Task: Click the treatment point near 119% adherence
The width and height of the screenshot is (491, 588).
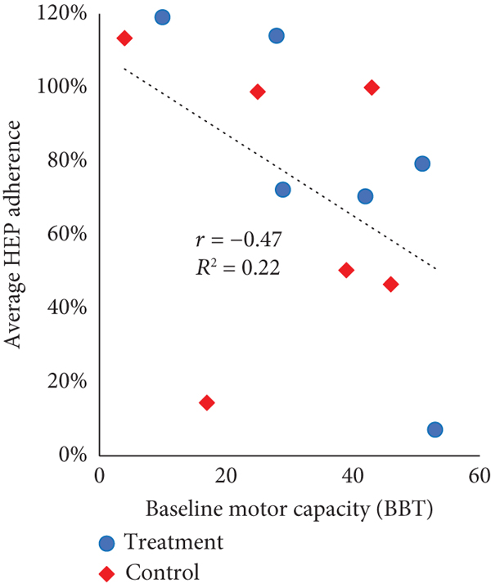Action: click(x=162, y=17)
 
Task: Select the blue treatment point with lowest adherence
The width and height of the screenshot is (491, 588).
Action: click(x=435, y=429)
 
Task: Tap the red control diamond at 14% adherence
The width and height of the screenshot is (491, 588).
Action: click(x=207, y=402)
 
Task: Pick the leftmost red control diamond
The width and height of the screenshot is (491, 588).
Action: click(x=124, y=38)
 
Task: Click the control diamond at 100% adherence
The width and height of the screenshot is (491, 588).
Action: click(x=372, y=88)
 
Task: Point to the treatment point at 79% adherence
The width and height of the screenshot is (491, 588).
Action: click(x=422, y=164)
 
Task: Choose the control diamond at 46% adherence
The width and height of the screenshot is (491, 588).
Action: click(x=390, y=284)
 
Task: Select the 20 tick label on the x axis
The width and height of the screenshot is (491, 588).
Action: click(x=226, y=476)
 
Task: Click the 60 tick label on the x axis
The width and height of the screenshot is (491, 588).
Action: click(x=479, y=476)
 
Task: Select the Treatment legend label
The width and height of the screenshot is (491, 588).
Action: click(x=172, y=541)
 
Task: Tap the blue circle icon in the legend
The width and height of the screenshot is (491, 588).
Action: click(x=108, y=541)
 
